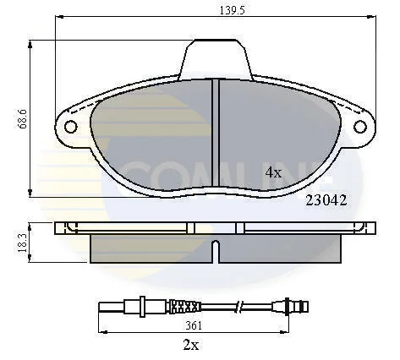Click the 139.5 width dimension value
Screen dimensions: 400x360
click(232, 10)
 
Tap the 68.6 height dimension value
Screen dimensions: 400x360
click(22, 118)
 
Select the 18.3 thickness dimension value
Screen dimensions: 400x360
click(22, 243)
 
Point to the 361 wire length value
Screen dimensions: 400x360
click(194, 325)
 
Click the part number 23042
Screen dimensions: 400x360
click(326, 200)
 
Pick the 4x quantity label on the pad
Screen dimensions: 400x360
click(273, 172)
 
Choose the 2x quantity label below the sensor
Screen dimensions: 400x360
click(191, 345)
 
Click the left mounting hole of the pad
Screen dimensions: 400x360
click(70, 127)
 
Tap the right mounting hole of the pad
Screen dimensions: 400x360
click(360, 127)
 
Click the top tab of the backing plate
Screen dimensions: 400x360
click(216, 59)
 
